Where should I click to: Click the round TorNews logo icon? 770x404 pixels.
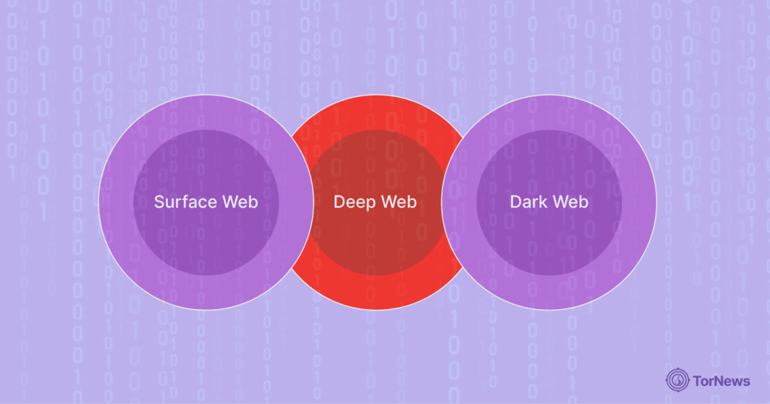click(678, 380)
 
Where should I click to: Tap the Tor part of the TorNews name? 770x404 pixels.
click(704, 381)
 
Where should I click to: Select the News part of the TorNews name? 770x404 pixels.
click(732, 381)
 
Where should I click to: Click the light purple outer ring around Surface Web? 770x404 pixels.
click(117, 202)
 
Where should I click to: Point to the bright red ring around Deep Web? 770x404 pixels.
click(376, 293)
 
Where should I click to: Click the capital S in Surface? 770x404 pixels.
click(159, 202)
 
